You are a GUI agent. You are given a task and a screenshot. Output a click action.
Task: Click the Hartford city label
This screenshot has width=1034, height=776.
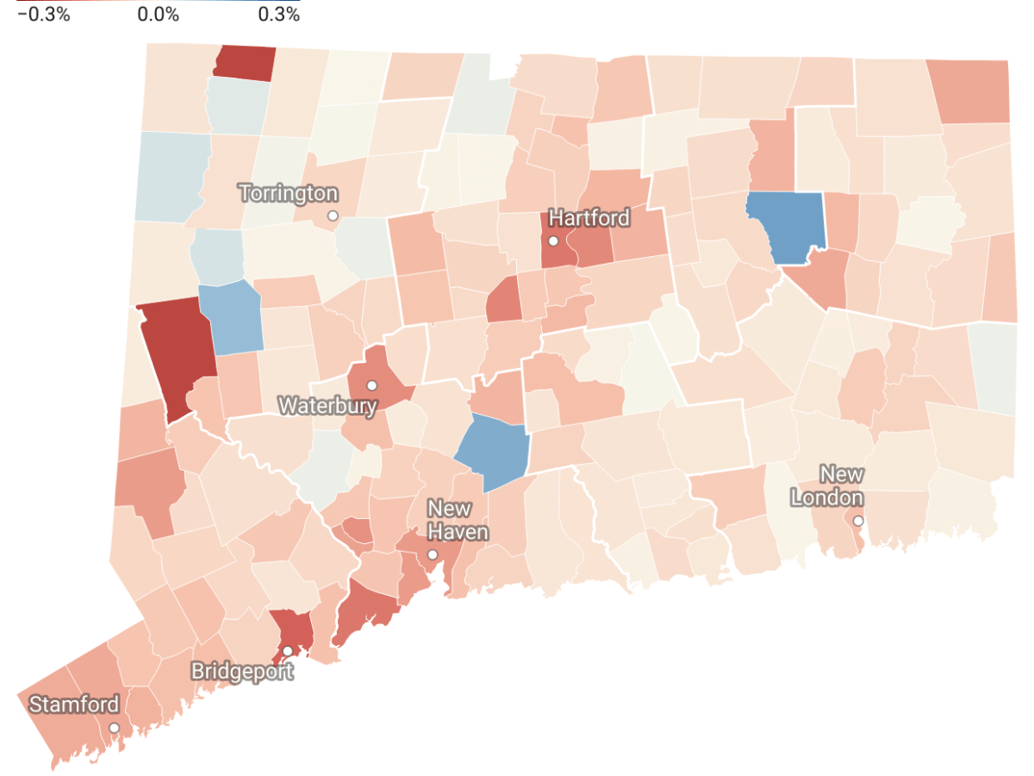tap(589, 217)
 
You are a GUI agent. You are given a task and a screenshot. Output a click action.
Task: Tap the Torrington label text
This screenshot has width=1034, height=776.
tap(289, 193)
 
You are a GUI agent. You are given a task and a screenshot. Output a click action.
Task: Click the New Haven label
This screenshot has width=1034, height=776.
tap(458, 520)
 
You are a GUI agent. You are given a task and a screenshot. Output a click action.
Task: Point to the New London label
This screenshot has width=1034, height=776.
tap(827, 485)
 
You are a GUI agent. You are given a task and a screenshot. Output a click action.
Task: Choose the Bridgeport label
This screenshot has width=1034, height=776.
tap(242, 670)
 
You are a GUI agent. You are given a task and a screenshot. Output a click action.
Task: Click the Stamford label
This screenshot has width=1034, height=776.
tap(74, 704)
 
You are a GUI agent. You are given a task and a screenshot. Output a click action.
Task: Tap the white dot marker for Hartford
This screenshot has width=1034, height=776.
tap(553, 241)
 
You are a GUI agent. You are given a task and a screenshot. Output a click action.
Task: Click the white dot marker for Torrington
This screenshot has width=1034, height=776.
tap(333, 216)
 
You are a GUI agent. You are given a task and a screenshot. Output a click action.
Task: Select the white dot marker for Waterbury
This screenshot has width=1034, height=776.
tap(372, 385)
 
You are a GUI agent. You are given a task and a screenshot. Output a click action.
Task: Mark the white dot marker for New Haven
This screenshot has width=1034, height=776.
tap(433, 554)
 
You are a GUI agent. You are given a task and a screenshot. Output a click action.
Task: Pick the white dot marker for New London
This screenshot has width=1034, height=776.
tap(858, 521)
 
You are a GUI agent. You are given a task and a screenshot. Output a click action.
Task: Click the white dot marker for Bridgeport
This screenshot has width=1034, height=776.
tap(288, 651)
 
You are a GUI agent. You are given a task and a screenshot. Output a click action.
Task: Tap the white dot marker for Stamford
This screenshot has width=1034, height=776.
tap(114, 728)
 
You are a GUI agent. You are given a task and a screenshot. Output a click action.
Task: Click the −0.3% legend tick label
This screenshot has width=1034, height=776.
tap(43, 15)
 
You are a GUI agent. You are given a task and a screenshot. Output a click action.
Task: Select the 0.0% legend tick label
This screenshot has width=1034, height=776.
tap(159, 15)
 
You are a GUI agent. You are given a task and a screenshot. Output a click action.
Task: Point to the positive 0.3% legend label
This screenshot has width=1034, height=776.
tap(278, 15)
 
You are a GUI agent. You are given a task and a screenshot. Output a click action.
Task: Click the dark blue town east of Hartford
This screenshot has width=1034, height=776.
tap(785, 226)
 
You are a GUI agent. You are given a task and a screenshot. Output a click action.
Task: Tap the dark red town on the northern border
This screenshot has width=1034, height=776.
tap(245, 63)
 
